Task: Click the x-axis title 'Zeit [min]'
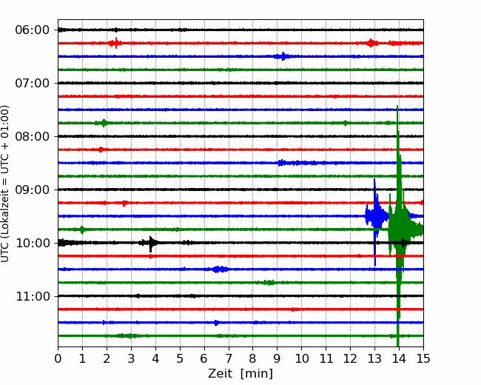pyautogui.click(x=240, y=374)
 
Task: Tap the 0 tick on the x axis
pyautogui.click(x=58, y=359)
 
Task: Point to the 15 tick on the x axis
pyautogui.click(x=423, y=359)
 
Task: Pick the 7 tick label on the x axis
pyautogui.click(x=229, y=359)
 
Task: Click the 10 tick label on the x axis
pyautogui.click(x=301, y=359)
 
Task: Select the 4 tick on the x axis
pyautogui.click(x=155, y=359)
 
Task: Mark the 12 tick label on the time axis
pyautogui.click(x=350, y=359)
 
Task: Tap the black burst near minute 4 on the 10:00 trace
pyautogui.click(x=151, y=243)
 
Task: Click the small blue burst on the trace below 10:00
pyautogui.click(x=219, y=269)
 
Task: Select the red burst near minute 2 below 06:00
pyautogui.click(x=114, y=43)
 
